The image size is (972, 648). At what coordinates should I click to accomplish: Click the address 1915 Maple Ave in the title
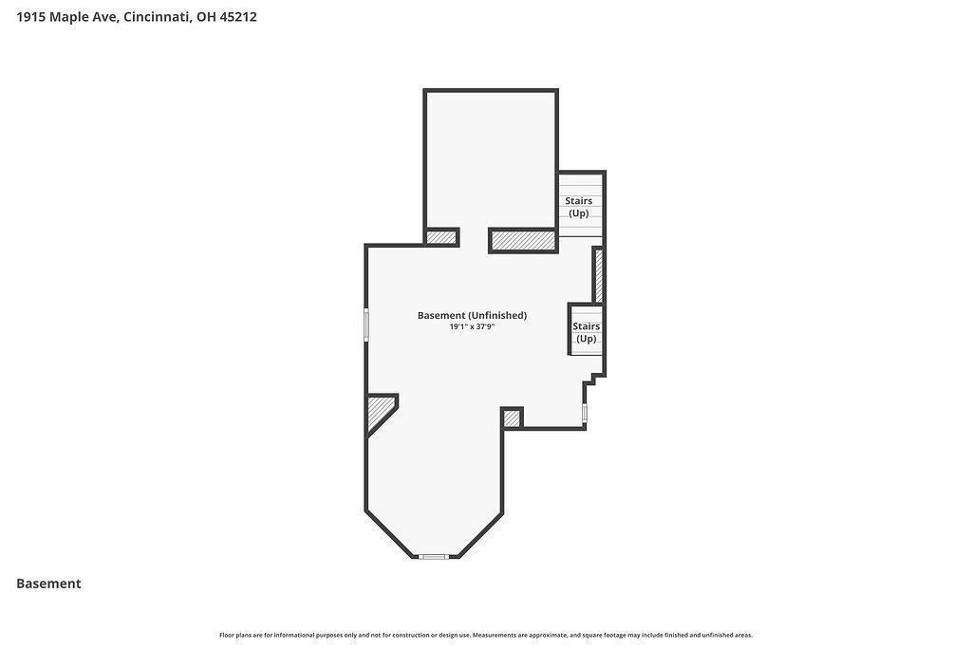(67, 17)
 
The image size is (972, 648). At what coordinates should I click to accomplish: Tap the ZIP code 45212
(238, 17)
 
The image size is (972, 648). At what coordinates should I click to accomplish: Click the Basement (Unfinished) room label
(473, 315)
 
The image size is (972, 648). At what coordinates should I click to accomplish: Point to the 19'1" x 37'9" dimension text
(473, 326)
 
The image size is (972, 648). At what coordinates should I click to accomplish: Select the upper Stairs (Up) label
(578, 207)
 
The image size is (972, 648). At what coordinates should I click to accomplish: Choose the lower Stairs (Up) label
(587, 332)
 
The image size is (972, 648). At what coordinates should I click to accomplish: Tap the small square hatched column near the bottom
(512, 418)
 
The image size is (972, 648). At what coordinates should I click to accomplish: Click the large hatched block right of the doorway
(523, 240)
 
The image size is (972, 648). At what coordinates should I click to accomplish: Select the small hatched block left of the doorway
(440, 237)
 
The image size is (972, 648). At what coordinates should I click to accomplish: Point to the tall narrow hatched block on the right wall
(599, 275)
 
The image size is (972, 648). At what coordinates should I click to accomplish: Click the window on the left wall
(366, 324)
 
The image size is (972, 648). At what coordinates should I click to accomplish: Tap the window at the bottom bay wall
(433, 557)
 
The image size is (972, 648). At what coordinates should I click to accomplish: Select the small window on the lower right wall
(585, 414)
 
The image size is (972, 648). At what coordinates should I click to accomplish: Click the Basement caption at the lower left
(48, 583)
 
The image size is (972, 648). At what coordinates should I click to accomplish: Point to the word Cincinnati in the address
(158, 17)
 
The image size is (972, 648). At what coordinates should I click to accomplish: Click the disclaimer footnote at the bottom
(486, 635)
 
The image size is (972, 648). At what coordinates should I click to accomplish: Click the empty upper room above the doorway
(491, 159)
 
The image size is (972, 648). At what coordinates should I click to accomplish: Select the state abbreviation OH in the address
(206, 17)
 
